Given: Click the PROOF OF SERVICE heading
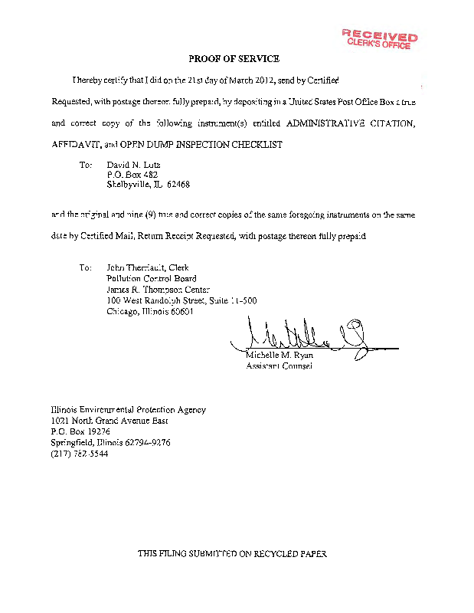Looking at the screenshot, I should click(x=234, y=59).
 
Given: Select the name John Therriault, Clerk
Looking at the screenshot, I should click(x=147, y=268).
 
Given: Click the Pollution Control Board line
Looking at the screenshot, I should click(x=151, y=279).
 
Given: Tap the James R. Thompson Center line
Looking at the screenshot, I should click(x=153, y=290).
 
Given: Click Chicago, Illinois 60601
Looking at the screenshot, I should click(x=150, y=312).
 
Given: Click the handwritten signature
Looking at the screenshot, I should click(x=306, y=336).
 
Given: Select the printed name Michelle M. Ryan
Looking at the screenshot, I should click(x=279, y=356).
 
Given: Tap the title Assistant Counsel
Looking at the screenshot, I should click(x=279, y=366).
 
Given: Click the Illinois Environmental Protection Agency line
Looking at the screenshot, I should click(x=128, y=410).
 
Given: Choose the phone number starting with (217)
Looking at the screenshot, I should click(x=80, y=454).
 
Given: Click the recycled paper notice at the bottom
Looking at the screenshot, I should click(x=237, y=553).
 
